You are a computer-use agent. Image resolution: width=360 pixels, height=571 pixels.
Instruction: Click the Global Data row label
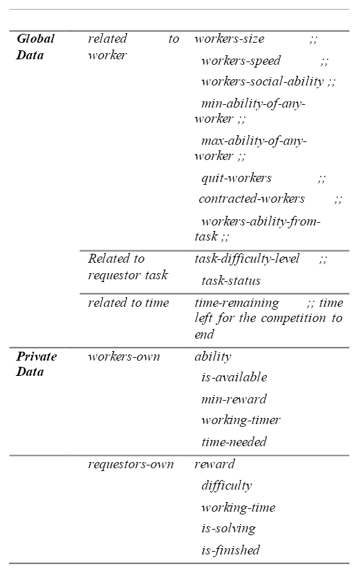35,47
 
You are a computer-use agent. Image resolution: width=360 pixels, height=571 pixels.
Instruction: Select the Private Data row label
37,364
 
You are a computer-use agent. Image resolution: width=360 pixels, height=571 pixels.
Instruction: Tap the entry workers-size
230,39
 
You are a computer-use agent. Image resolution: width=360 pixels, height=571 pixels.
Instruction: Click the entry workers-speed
241,61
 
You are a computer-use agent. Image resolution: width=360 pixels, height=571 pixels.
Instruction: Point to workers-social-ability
263,81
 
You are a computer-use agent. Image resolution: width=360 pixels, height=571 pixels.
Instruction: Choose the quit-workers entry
237,178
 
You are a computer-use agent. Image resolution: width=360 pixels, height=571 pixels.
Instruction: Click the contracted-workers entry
252,199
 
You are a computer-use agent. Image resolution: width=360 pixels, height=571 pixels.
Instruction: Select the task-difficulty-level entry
247,259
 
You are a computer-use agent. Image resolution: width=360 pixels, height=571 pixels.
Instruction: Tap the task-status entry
231,281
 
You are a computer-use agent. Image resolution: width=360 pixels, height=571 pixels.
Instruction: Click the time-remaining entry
237,303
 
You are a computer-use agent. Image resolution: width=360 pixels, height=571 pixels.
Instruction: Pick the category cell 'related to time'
128,303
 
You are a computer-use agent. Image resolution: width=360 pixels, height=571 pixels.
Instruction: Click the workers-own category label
123,357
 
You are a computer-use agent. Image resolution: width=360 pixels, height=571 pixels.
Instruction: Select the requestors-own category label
130,464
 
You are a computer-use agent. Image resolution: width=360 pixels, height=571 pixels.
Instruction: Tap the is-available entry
234,377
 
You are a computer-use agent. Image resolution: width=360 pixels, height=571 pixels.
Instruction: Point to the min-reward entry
234,399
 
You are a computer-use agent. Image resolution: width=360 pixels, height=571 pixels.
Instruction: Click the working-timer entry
241,420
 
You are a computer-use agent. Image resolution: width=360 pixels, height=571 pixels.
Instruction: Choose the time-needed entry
234,442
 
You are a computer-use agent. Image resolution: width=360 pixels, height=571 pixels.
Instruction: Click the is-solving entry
228,528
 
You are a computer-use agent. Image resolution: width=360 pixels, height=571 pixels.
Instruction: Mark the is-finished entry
230,550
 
